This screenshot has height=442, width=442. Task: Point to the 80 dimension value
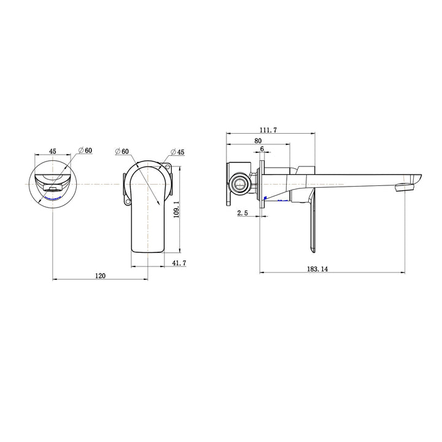pyautogui.click(x=257, y=140)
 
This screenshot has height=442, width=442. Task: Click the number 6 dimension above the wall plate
pyautogui.click(x=262, y=149)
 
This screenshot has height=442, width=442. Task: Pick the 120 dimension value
pyautogui.click(x=101, y=276)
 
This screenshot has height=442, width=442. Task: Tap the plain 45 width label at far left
pyautogui.click(x=53, y=150)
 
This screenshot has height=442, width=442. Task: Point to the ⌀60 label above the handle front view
pyautogui.click(x=122, y=151)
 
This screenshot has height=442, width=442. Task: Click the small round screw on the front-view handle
pyautogui.click(x=128, y=201)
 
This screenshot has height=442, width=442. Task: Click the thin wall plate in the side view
pyautogui.click(x=263, y=184)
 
